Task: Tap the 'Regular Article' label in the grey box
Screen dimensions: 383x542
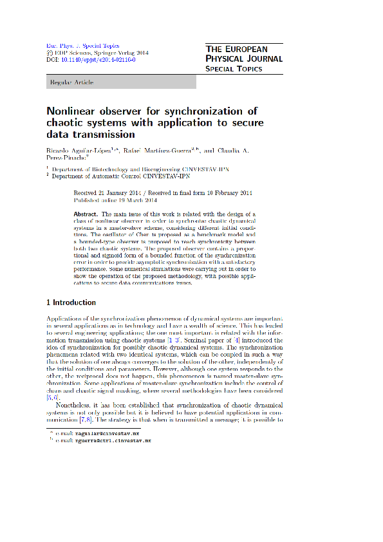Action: click(71, 82)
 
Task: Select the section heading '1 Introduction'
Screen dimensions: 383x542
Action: click(71, 303)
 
